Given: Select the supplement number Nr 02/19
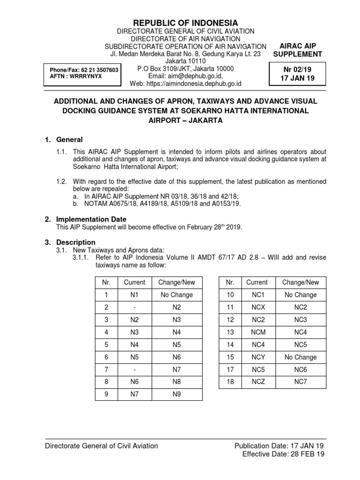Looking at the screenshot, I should [298, 69].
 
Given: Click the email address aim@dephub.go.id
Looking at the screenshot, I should [186, 76].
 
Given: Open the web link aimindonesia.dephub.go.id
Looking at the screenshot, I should [186, 84].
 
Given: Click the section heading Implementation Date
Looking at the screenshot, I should [91, 219].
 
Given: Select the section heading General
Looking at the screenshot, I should [69, 140].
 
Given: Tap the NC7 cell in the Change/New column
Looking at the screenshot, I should [300, 382].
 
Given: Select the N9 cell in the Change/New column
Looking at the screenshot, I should [177, 394].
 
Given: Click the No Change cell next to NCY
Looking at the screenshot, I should [300, 357].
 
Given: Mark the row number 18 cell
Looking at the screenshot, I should [230, 382].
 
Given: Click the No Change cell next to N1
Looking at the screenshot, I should [177, 295].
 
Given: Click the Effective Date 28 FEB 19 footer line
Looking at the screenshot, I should [283, 454].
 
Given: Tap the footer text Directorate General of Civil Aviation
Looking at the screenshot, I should [101, 446].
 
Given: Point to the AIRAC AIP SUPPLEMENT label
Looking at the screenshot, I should [298, 50].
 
